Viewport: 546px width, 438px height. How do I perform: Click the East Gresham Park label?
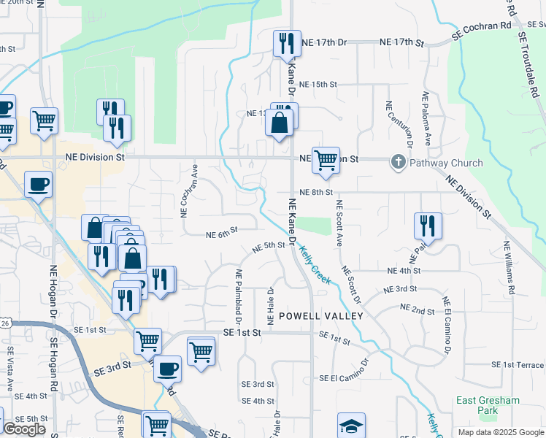pos(488,405)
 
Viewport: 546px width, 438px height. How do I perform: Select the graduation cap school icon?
pos(351,426)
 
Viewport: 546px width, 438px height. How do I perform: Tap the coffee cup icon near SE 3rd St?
pos(168,368)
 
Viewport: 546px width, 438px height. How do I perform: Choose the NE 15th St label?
pos(318,85)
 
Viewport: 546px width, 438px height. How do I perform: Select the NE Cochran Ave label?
pos(184,189)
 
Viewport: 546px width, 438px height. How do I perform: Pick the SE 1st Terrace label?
pos(518,364)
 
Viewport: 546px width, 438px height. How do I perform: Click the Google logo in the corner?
pos(25,429)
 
